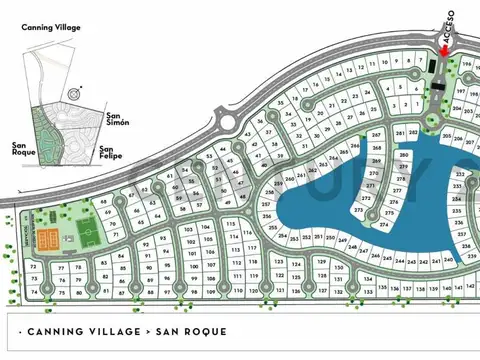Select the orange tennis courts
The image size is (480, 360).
(x=46, y=238)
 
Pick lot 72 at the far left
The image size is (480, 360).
(x=33, y=269)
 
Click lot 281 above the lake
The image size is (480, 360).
(x=400, y=133)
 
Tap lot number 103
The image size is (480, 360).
(x=187, y=229)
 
